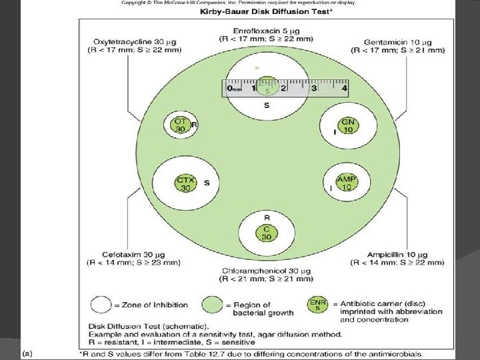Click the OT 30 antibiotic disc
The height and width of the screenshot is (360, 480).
pyautogui.click(x=180, y=125)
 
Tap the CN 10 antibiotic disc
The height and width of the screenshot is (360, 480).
pyautogui.click(x=347, y=125)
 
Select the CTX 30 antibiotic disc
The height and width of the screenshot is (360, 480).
pyautogui.click(x=185, y=184)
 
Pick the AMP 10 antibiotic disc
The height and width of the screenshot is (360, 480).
pyautogui.click(x=346, y=183)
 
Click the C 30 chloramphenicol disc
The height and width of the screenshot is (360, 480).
pyautogui.click(x=266, y=233)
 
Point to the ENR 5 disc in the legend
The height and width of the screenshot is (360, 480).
pyautogui.click(x=317, y=305)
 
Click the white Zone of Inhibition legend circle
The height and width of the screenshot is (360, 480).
pyautogui.click(x=101, y=305)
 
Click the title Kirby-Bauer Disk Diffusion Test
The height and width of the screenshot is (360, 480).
pyautogui.click(x=266, y=13)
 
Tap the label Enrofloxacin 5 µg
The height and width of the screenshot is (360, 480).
pyautogui.click(x=266, y=31)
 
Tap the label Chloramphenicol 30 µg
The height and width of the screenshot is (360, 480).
pyautogui.click(x=267, y=271)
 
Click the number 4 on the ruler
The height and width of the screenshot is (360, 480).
pyautogui.click(x=344, y=87)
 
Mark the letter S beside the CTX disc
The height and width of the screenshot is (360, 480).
pyautogui.click(x=207, y=183)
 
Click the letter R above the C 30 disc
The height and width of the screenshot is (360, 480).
pyautogui.click(x=267, y=217)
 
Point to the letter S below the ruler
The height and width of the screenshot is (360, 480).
pyautogui.click(x=267, y=105)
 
